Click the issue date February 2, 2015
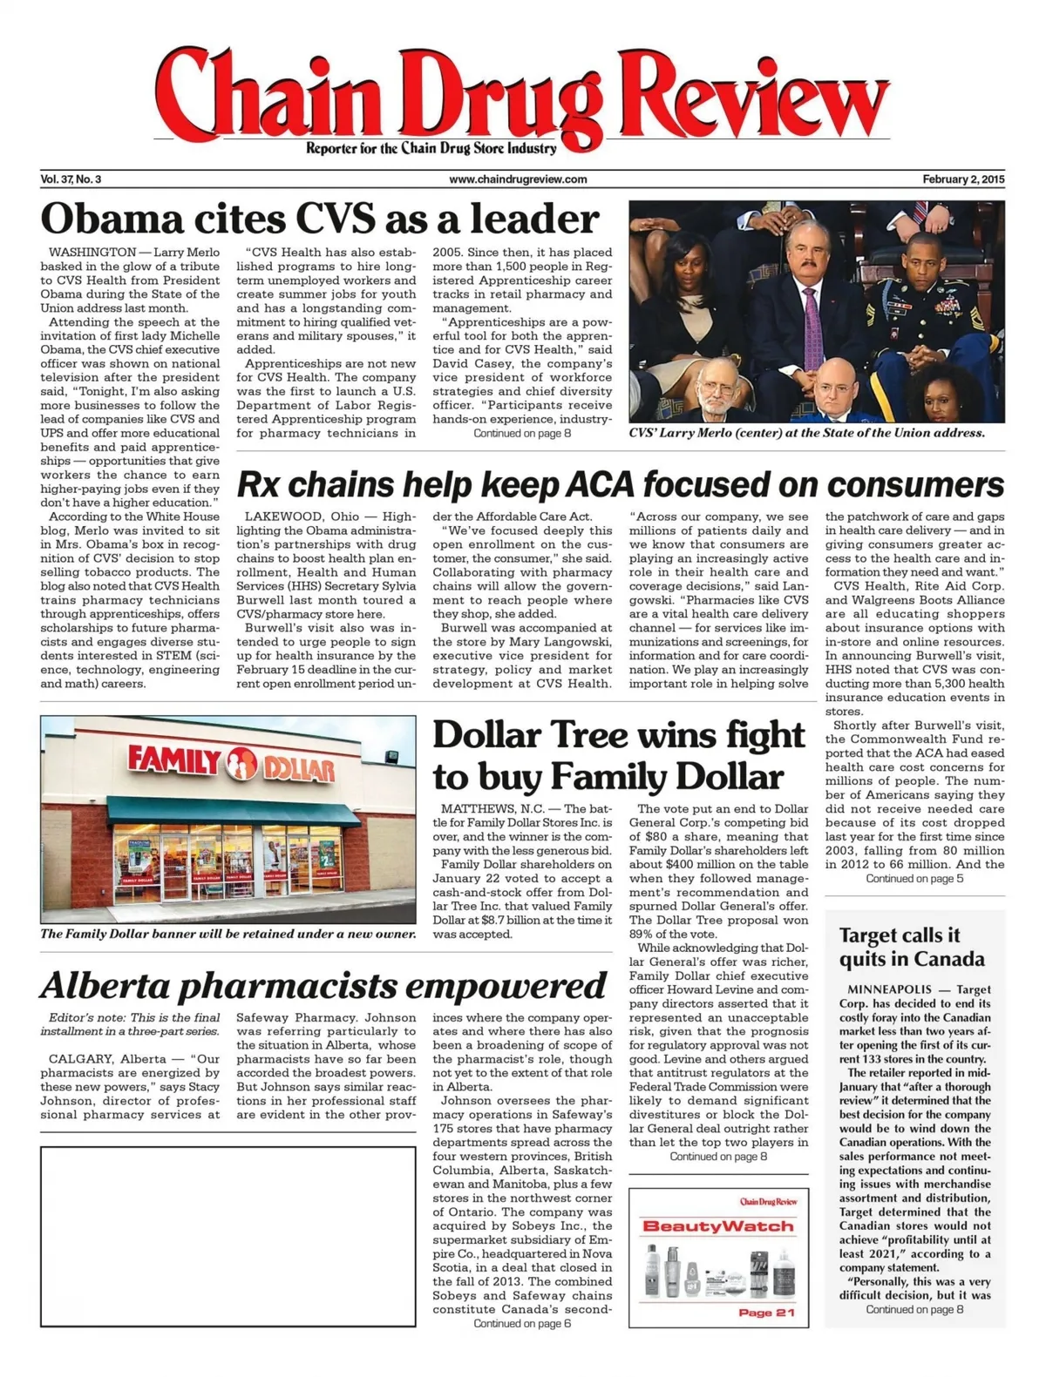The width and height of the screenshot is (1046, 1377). point(963,179)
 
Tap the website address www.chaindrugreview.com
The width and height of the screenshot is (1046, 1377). point(518,179)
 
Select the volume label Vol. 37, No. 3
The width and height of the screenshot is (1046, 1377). point(71,179)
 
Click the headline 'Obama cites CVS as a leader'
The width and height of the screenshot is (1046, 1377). point(320,219)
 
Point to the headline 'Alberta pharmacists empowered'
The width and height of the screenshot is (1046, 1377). point(323,985)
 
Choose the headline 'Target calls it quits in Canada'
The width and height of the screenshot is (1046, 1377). point(911,947)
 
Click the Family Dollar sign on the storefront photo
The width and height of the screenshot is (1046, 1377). point(231,762)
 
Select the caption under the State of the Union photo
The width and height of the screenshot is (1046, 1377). point(806,433)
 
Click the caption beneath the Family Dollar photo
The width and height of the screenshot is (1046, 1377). point(228,934)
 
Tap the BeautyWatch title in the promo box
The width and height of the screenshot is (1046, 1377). point(718,1226)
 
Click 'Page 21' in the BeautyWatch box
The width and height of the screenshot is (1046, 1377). point(765,1312)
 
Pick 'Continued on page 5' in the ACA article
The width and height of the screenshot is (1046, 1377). point(914,879)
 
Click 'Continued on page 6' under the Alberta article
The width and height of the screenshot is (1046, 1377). point(522,1324)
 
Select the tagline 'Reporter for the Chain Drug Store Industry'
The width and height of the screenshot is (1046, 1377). point(431,148)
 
